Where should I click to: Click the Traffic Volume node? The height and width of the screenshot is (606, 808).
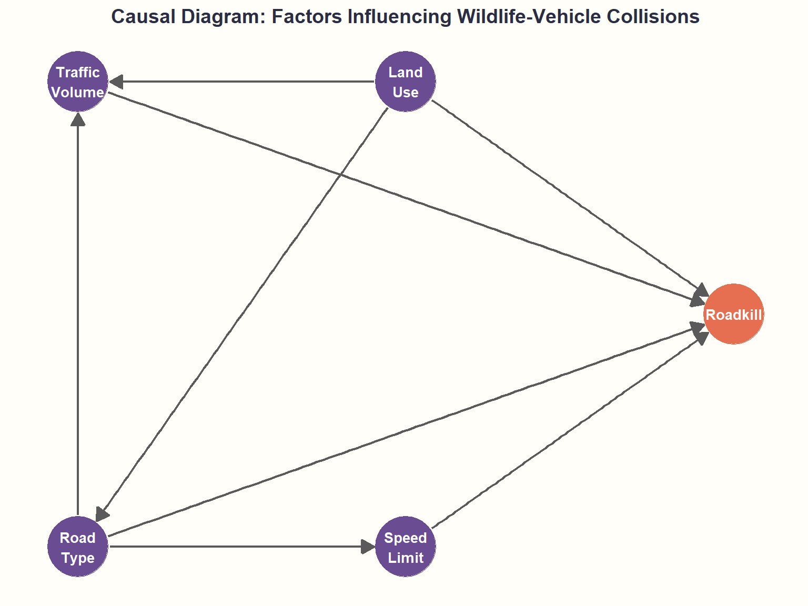point(78,82)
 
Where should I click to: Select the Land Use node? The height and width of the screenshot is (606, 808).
point(405,82)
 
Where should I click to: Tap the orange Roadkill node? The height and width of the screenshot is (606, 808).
point(733,314)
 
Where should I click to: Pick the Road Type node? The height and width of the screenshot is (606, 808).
point(78,547)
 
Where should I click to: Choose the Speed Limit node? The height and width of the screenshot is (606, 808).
point(405,547)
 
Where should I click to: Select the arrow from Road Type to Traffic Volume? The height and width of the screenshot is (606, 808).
point(78,316)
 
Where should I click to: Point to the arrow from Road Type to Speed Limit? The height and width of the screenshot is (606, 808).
point(237,547)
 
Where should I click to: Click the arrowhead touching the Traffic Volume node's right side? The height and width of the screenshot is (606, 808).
point(116,82)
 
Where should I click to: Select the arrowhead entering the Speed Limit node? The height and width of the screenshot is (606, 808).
point(368,547)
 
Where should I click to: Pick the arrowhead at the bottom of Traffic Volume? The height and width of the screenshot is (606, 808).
point(78,119)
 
